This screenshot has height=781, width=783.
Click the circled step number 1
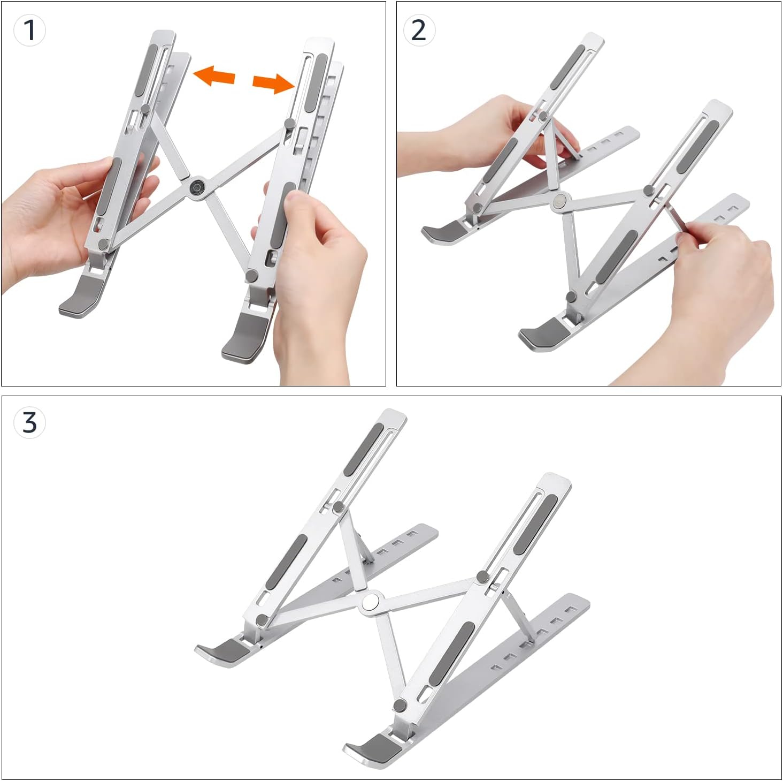pyautogui.click(x=29, y=29)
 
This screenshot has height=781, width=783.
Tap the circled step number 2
pyautogui.click(x=419, y=29)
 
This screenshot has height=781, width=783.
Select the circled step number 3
pyautogui.click(x=29, y=422)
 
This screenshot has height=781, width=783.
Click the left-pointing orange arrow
pyautogui.click(x=214, y=75)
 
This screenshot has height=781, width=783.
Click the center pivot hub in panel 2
pyautogui.click(x=560, y=201)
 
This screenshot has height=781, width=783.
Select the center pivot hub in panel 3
pyautogui.click(x=371, y=602)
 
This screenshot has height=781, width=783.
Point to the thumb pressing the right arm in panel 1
pyautogui.click(x=295, y=202)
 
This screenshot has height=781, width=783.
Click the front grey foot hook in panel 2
pyautogui.click(x=541, y=332)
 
